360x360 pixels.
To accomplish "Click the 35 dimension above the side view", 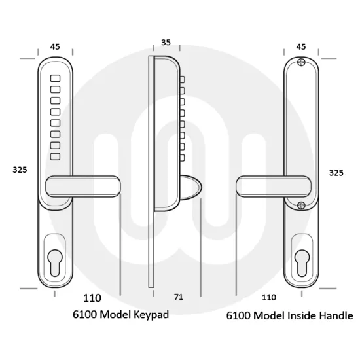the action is (x=166, y=43).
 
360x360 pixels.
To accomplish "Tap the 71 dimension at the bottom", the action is (x=179, y=297).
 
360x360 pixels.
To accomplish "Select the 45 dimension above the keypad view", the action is (x=55, y=47).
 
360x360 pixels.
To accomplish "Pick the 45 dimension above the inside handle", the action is (x=301, y=47).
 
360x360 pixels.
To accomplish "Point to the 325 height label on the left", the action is (x=20, y=170).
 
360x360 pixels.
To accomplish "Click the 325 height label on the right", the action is (x=336, y=173).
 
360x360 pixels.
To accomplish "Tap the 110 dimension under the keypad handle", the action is (x=92, y=298).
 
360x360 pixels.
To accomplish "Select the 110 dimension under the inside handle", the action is (x=269, y=298).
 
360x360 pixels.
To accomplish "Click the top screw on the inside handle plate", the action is (x=301, y=62).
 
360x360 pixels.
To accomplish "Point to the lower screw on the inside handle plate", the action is (x=301, y=206).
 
